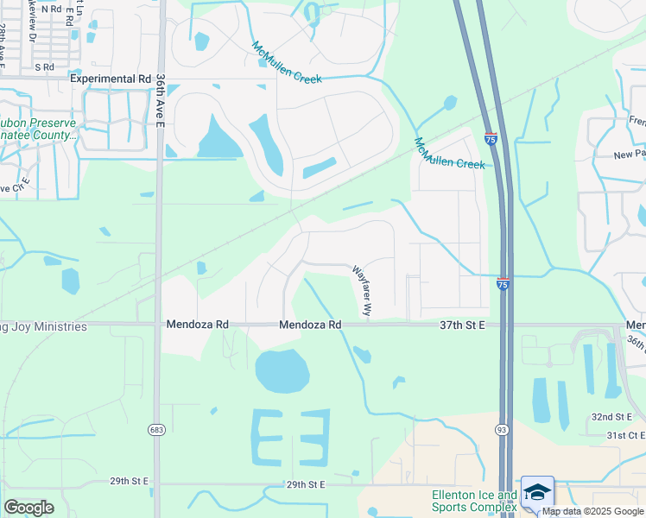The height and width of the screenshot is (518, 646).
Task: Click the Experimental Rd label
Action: (x=111, y=78)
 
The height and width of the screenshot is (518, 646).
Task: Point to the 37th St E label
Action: (x=463, y=325)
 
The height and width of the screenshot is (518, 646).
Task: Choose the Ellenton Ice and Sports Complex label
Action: (x=474, y=501)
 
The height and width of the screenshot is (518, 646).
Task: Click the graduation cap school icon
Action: (x=538, y=492)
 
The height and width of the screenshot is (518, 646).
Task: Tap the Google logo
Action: (x=28, y=508)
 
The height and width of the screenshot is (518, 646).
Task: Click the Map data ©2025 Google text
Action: (x=592, y=511)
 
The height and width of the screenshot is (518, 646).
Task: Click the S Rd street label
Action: (x=44, y=66)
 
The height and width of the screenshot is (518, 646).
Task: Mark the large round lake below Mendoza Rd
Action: (x=282, y=372)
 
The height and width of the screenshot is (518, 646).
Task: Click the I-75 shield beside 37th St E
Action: (x=502, y=282)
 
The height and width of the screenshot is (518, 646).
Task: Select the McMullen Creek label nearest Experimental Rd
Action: (x=287, y=63)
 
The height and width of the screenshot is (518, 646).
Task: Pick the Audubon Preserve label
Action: (x=39, y=123)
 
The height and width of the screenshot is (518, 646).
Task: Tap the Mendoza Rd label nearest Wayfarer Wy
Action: (x=310, y=325)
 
